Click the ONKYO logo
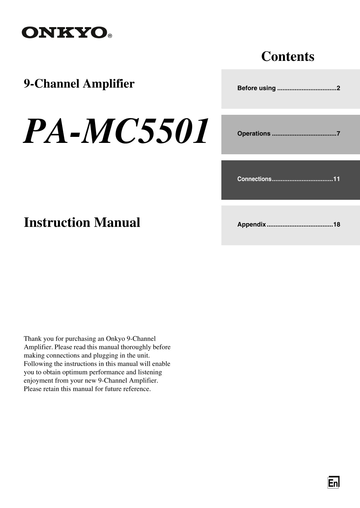tap(65, 32)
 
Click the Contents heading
tap(288, 56)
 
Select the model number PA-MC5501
tap(116, 131)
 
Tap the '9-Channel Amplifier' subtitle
tap(79, 84)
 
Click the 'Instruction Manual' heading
tap(82, 223)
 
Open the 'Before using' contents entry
tap(257, 88)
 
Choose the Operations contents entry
tap(254, 134)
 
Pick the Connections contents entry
tap(255, 179)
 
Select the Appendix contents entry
tap(251, 225)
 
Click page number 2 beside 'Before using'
tap(338, 88)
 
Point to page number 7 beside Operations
tap(338, 134)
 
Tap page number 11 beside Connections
tap(337, 179)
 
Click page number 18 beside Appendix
tap(337, 225)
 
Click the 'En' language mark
tap(333, 483)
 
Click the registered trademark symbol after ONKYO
tap(110, 36)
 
